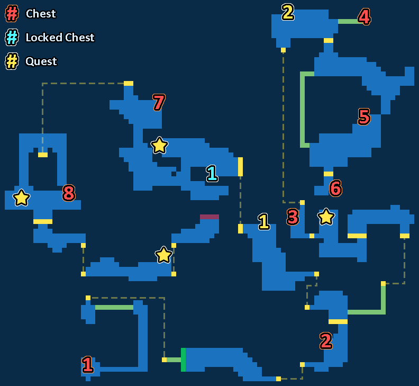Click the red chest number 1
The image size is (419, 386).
pos(88,364)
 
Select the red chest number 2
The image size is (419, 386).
pos(326,341)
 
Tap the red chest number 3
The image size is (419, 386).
pos(293,217)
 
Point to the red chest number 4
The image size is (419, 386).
pos(364,17)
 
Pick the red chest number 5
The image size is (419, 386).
pos(364,116)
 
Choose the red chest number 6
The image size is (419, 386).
pos(335,188)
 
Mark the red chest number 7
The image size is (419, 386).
pos(159,103)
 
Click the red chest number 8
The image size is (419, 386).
pos(69,193)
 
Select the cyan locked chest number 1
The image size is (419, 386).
pos(212,173)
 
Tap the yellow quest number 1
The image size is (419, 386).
pos(264,221)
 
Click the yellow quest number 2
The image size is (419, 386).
pos(288,12)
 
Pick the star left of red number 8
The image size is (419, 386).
pos(21,198)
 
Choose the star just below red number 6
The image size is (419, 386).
pos(326,216)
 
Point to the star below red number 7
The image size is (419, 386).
pos(159,145)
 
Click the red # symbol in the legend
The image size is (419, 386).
pos(12,14)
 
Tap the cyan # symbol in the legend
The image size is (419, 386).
pos(12,38)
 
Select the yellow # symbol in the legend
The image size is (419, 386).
pos(12,61)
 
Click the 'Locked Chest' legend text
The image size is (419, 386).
pos(60,38)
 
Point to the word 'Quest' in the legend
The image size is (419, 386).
pos(41,61)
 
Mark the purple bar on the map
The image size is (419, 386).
pos(210,217)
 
